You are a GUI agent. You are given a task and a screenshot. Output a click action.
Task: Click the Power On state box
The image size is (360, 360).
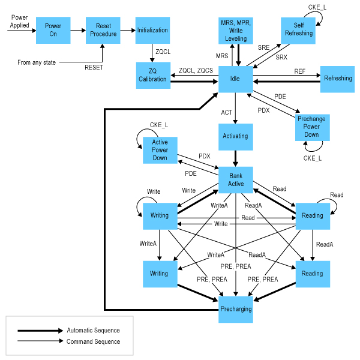(x=53, y=30)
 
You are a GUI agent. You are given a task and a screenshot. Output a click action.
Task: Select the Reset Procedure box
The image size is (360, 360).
(x=103, y=30)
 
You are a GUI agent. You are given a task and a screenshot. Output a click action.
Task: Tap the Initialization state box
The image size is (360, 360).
(x=152, y=30)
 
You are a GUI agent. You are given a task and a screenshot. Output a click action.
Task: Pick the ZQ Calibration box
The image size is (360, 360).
(x=152, y=76)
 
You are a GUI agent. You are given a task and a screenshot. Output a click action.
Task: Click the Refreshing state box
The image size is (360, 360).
(x=338, y=79)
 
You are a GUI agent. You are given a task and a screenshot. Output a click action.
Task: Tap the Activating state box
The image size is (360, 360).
(x=235, y=136)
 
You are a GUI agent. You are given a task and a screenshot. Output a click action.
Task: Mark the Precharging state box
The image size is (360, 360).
(x=236, y=309)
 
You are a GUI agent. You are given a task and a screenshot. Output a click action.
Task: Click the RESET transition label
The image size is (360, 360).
(x=94, y=67)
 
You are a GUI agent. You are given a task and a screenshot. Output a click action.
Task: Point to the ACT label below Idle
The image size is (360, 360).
(x=226, y=112)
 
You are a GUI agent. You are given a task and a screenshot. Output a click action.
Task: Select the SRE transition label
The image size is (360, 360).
(x=263, y=46)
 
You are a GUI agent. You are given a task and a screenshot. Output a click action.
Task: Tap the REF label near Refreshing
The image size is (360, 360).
(x=300, y=71)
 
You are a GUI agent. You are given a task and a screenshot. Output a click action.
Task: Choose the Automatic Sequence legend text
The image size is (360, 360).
(x=93, y=331)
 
